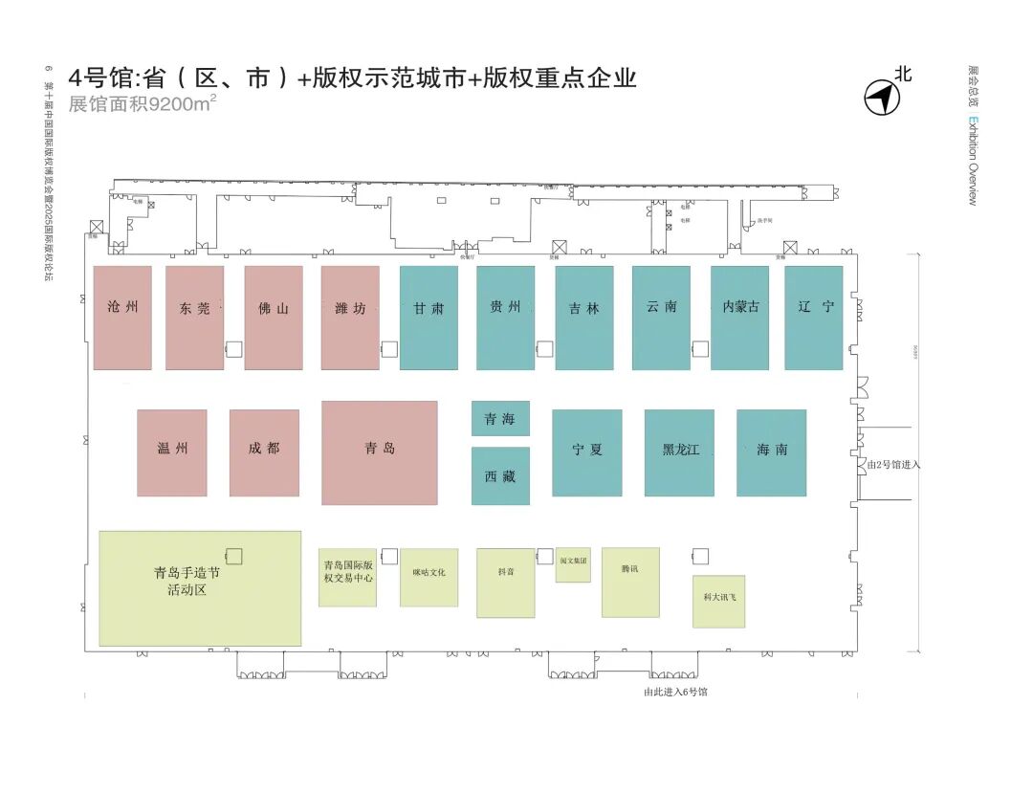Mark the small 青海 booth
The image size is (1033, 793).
[500, 418]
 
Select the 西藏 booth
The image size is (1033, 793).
[500, 475]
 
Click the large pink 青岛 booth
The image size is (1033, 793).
[380, 452]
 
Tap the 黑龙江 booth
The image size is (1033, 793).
[679, 452]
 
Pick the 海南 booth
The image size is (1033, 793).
[771, 452]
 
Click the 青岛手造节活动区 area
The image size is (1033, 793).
[200, 588]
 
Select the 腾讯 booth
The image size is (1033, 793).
[630, 582]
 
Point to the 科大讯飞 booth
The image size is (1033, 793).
[718, 601]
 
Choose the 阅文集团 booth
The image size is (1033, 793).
[573, 563]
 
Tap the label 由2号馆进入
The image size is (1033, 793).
[892, 464]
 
